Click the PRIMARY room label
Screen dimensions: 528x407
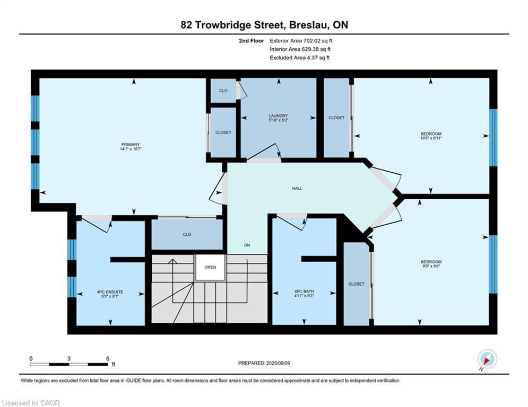pyautogui.click(x=131, y=145)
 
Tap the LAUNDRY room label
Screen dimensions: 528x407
pyautogui.click(x=279, y=116)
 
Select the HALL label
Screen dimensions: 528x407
pyautogui.click(x=297, y=188)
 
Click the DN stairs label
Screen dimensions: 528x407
pyautogui.click(x=247, y=245)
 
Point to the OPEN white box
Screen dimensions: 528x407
pyautogui.click(x=210, y=267)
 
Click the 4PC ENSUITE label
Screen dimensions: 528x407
pyautogui.click(x=110, y=292)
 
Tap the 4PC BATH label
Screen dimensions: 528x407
pyautogui.click(x=304, y=291)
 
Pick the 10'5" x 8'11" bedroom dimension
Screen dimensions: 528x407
pyautogui.click(x=431, y=138)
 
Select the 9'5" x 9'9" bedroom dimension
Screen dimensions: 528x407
pyautogui.click(x=431, y=266)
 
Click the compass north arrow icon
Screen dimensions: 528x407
pyautogui.click(x=487, y=359)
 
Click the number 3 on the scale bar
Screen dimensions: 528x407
pyautogui.click(x=68, y=359)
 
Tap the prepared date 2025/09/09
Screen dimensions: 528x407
pyautogui.click(x=278, y=363)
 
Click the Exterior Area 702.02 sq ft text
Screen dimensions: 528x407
pyautogui.click(x=301, y=41)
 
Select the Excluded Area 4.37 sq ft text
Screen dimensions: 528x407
pyautogui.click(x=300, y=58)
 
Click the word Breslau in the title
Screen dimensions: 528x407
pyautogui.click(x=309, y=25)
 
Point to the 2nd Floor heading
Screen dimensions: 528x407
pyautogui.click(x=252, y=41)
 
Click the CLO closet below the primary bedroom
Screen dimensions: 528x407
pyautogui.click(x=187, y=234)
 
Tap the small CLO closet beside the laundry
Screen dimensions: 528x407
pyautogui.click(x=223, y=91)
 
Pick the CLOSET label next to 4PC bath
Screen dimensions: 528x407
pyautogui.click(x=356, y=284)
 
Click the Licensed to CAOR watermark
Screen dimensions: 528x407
pyautogui.click(x=31, y=403)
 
